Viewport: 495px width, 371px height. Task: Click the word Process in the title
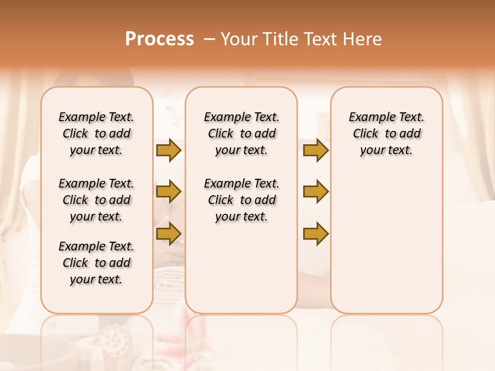tap(159, 39)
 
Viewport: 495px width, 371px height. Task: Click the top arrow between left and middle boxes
tap(169, 150)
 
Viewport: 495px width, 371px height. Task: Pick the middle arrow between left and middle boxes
tap(169, 192)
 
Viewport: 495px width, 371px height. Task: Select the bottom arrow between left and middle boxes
tap(169, 233)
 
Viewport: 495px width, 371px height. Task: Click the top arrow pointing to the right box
tap(316, 150)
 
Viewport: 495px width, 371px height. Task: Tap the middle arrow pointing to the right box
tap(316, 192)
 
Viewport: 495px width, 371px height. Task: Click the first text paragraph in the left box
tap(96, 133)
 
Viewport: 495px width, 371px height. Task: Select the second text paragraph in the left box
tap(96, 200)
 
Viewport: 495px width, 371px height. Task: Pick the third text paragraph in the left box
tap(96, 263)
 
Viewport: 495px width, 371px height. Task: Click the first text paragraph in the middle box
tap(241, 133)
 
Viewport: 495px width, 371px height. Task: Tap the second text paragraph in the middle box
tap(241, 200)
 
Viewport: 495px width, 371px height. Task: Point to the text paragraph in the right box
tap(386, 133)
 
